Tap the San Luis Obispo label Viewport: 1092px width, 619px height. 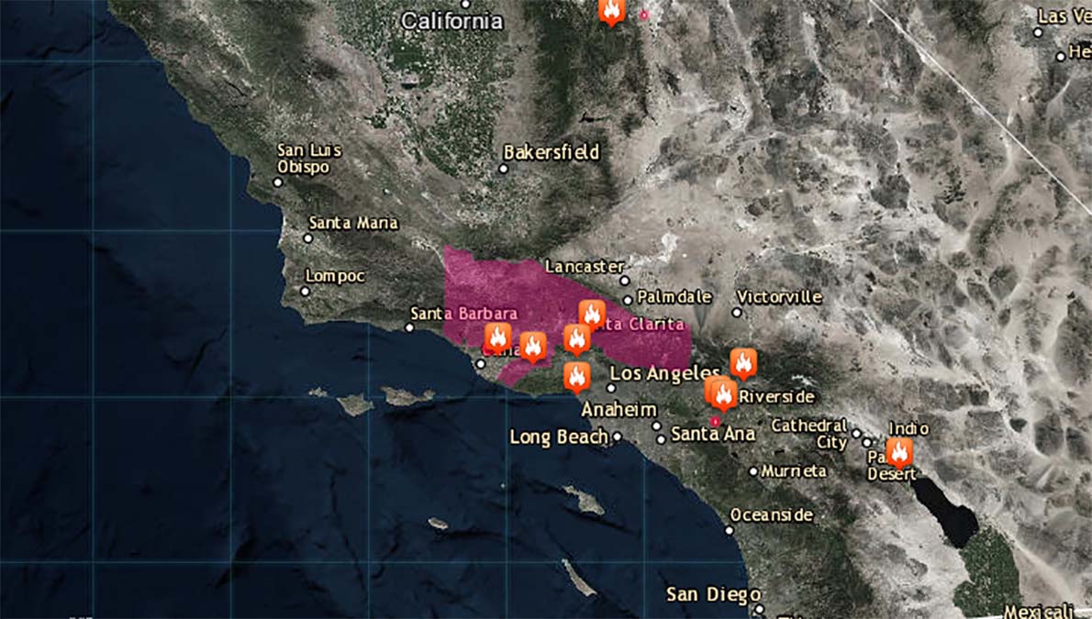309,159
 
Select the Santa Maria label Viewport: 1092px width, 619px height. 353,223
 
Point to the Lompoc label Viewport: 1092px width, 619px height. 335,276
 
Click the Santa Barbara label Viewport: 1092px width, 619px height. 463,314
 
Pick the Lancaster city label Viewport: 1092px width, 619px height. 585,266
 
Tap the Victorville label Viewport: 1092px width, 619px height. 780,297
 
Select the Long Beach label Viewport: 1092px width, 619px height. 559,437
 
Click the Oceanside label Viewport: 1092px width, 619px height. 772,515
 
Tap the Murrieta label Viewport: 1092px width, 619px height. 794,470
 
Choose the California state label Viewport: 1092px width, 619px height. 452,20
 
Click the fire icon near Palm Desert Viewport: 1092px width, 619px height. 898,451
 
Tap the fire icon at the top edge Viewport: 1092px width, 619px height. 612,11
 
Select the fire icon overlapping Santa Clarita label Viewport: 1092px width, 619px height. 592,315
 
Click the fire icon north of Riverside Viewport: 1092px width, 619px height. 743,362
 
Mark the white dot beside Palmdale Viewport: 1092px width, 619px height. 628,299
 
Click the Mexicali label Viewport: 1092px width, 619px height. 1037,611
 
